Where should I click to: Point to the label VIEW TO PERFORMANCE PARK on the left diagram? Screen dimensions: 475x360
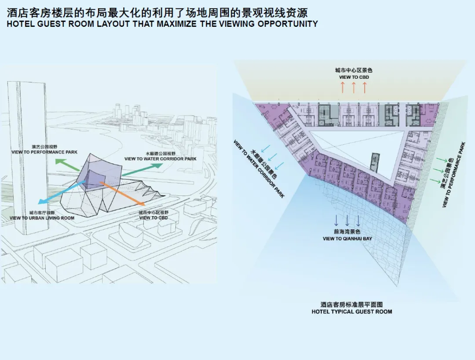click(x=44, y=152)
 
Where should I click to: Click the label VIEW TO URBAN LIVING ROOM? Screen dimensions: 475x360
click(x=42, y=218)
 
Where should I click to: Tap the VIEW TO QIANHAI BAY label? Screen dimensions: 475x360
click(x=347, y=239)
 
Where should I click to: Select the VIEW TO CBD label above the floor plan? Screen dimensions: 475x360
click(x=354, y=77)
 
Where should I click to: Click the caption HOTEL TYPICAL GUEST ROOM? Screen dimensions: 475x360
click(x=351, y=312)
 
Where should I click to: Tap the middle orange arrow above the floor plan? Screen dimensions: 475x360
click(x=354, y=87)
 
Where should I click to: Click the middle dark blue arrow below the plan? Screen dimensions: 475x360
click(x=347, y=220)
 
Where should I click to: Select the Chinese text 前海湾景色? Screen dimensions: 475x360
click(x=347, y=232)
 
